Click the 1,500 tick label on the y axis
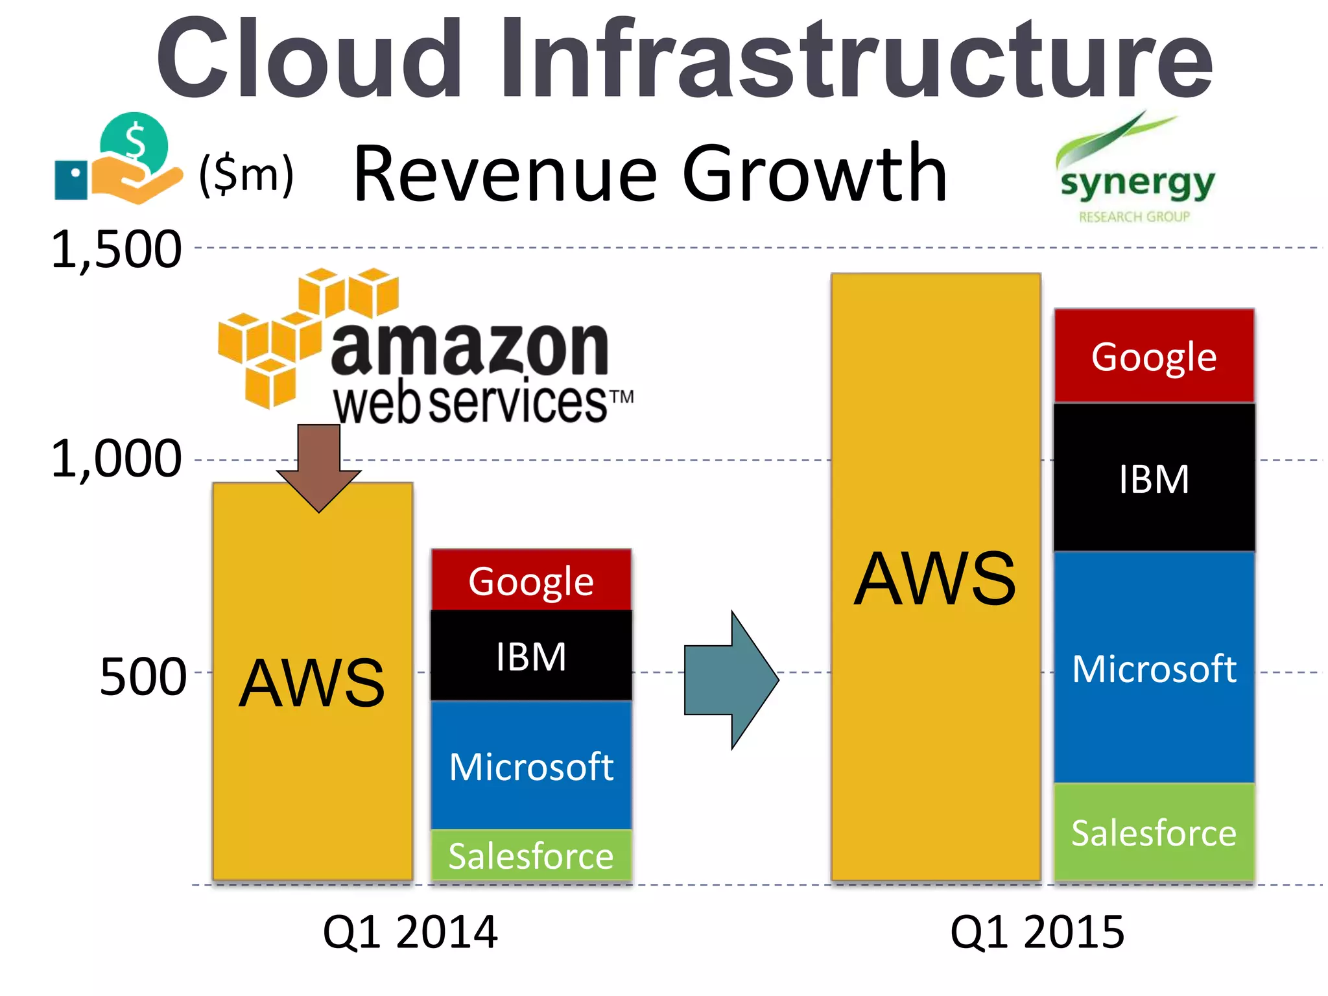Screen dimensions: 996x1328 (116, 250)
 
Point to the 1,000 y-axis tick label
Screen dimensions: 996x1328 (116, 459)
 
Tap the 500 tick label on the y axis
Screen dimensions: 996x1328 (143, 677)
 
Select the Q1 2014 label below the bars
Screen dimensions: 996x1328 (410, 932)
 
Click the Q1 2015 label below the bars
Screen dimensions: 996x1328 (1037, 932)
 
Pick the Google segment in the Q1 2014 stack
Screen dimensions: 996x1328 (531, 580)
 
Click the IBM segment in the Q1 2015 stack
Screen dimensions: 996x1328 (1154, 479)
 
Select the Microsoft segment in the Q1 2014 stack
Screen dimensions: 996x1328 (531, 766)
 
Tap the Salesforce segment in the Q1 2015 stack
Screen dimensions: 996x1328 (1154, 833)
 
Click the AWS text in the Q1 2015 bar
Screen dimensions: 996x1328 (934, 579)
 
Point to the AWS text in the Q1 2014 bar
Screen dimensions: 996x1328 (312, 683)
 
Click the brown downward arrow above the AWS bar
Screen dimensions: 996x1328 (318, 468)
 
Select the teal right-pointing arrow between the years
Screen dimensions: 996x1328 (731, 680)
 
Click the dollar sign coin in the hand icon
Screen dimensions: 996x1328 (134, 143)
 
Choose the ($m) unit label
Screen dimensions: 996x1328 (246, 174)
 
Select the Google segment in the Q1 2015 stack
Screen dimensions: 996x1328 (1154, 356)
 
